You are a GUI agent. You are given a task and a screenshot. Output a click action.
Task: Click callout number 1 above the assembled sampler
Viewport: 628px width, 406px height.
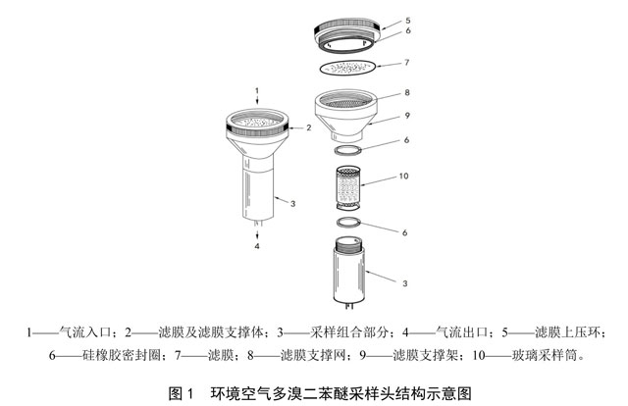click(x=256, y=91)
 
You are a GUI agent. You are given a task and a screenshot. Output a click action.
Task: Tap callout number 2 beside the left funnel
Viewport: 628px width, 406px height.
click(x=307, y=127)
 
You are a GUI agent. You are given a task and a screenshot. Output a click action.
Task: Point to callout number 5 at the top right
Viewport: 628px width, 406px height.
click(x=411, y=20)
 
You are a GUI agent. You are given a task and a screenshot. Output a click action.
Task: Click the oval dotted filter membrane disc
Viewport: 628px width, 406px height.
click(x=350, y=68)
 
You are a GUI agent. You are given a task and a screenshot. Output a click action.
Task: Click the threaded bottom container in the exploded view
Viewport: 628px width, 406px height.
click(x=351, y=273)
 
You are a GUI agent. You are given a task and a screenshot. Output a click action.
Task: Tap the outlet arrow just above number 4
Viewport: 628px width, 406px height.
click(x=257, y=232)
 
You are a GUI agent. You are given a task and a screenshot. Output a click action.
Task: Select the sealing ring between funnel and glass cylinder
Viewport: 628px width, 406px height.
click(x=350, y=148)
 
